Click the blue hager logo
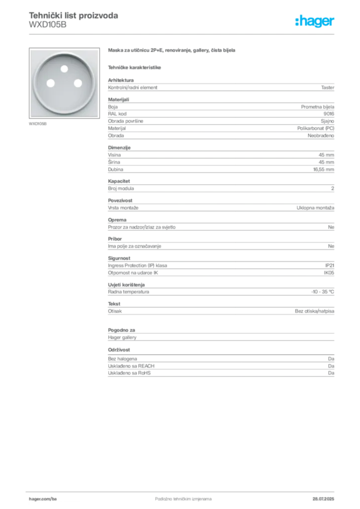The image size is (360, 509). pos(316,22)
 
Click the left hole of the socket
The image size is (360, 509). pos(49,83)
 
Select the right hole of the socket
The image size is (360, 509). pos(77,83)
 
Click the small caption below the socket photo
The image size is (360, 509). pos(38,124)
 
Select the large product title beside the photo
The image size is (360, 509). pos(173,51)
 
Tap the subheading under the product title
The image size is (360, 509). pos(135,66)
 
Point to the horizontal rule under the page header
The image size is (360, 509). pos(183,34)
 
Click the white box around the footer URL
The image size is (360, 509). pos(56,499)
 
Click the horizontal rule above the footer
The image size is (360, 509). pos(183,490)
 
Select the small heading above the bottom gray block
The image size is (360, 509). pos(119,350)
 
